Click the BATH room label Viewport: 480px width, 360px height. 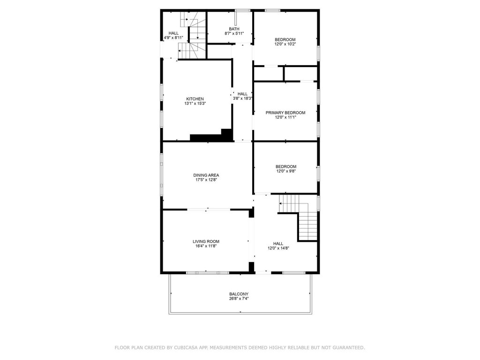[x=234, y=29]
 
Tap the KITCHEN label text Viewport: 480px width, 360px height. [x=195, y=99]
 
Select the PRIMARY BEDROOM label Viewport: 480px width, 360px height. [x=285, y=112]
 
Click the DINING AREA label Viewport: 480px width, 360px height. [x=206, y=175]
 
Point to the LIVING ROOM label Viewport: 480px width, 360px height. [x=206, y=241]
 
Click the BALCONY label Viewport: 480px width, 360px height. [x=239, y=294]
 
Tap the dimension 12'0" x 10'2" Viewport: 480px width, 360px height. [x=285, y=44]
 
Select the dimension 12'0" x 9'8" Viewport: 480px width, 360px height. [x=286, y=171]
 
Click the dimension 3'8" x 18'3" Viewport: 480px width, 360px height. [x=242, y=98]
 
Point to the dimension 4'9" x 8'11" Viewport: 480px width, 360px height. [x=173, y=37]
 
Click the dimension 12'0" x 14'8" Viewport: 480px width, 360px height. [x=278, y=248]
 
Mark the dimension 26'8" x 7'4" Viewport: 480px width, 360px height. [x=239, y=299]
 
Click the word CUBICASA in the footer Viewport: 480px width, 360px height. [x=186, y=348]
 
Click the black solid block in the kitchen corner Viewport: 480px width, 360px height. [x=212, y=135]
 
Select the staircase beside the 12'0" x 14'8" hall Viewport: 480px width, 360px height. [x=299, y=217]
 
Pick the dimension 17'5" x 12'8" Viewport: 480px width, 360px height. [x=206, y=180]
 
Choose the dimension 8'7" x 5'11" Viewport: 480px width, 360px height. [x=234, y=34]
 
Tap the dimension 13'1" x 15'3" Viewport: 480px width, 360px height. [x=195, y=104]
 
